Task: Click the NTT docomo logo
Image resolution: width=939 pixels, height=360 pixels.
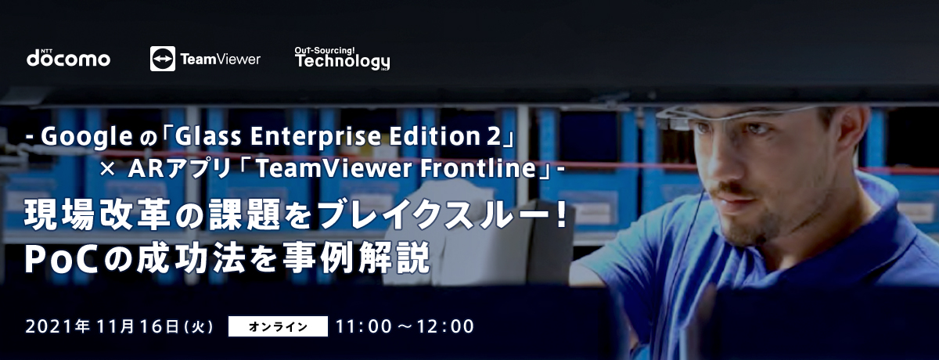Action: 68,58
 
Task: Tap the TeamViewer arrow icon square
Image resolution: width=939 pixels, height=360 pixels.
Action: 163,59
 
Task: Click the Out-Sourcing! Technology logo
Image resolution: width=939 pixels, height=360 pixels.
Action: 342,58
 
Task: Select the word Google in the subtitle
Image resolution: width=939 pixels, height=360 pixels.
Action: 87,137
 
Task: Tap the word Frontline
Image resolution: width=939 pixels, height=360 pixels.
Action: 478,168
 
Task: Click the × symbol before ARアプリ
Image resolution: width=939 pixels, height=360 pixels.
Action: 107,169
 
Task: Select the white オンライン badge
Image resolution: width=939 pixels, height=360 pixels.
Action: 278,326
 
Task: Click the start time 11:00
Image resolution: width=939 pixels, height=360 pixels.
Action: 364,326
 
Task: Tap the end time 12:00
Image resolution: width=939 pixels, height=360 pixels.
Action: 445,326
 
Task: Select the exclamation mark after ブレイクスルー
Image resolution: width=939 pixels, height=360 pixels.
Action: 561,214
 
